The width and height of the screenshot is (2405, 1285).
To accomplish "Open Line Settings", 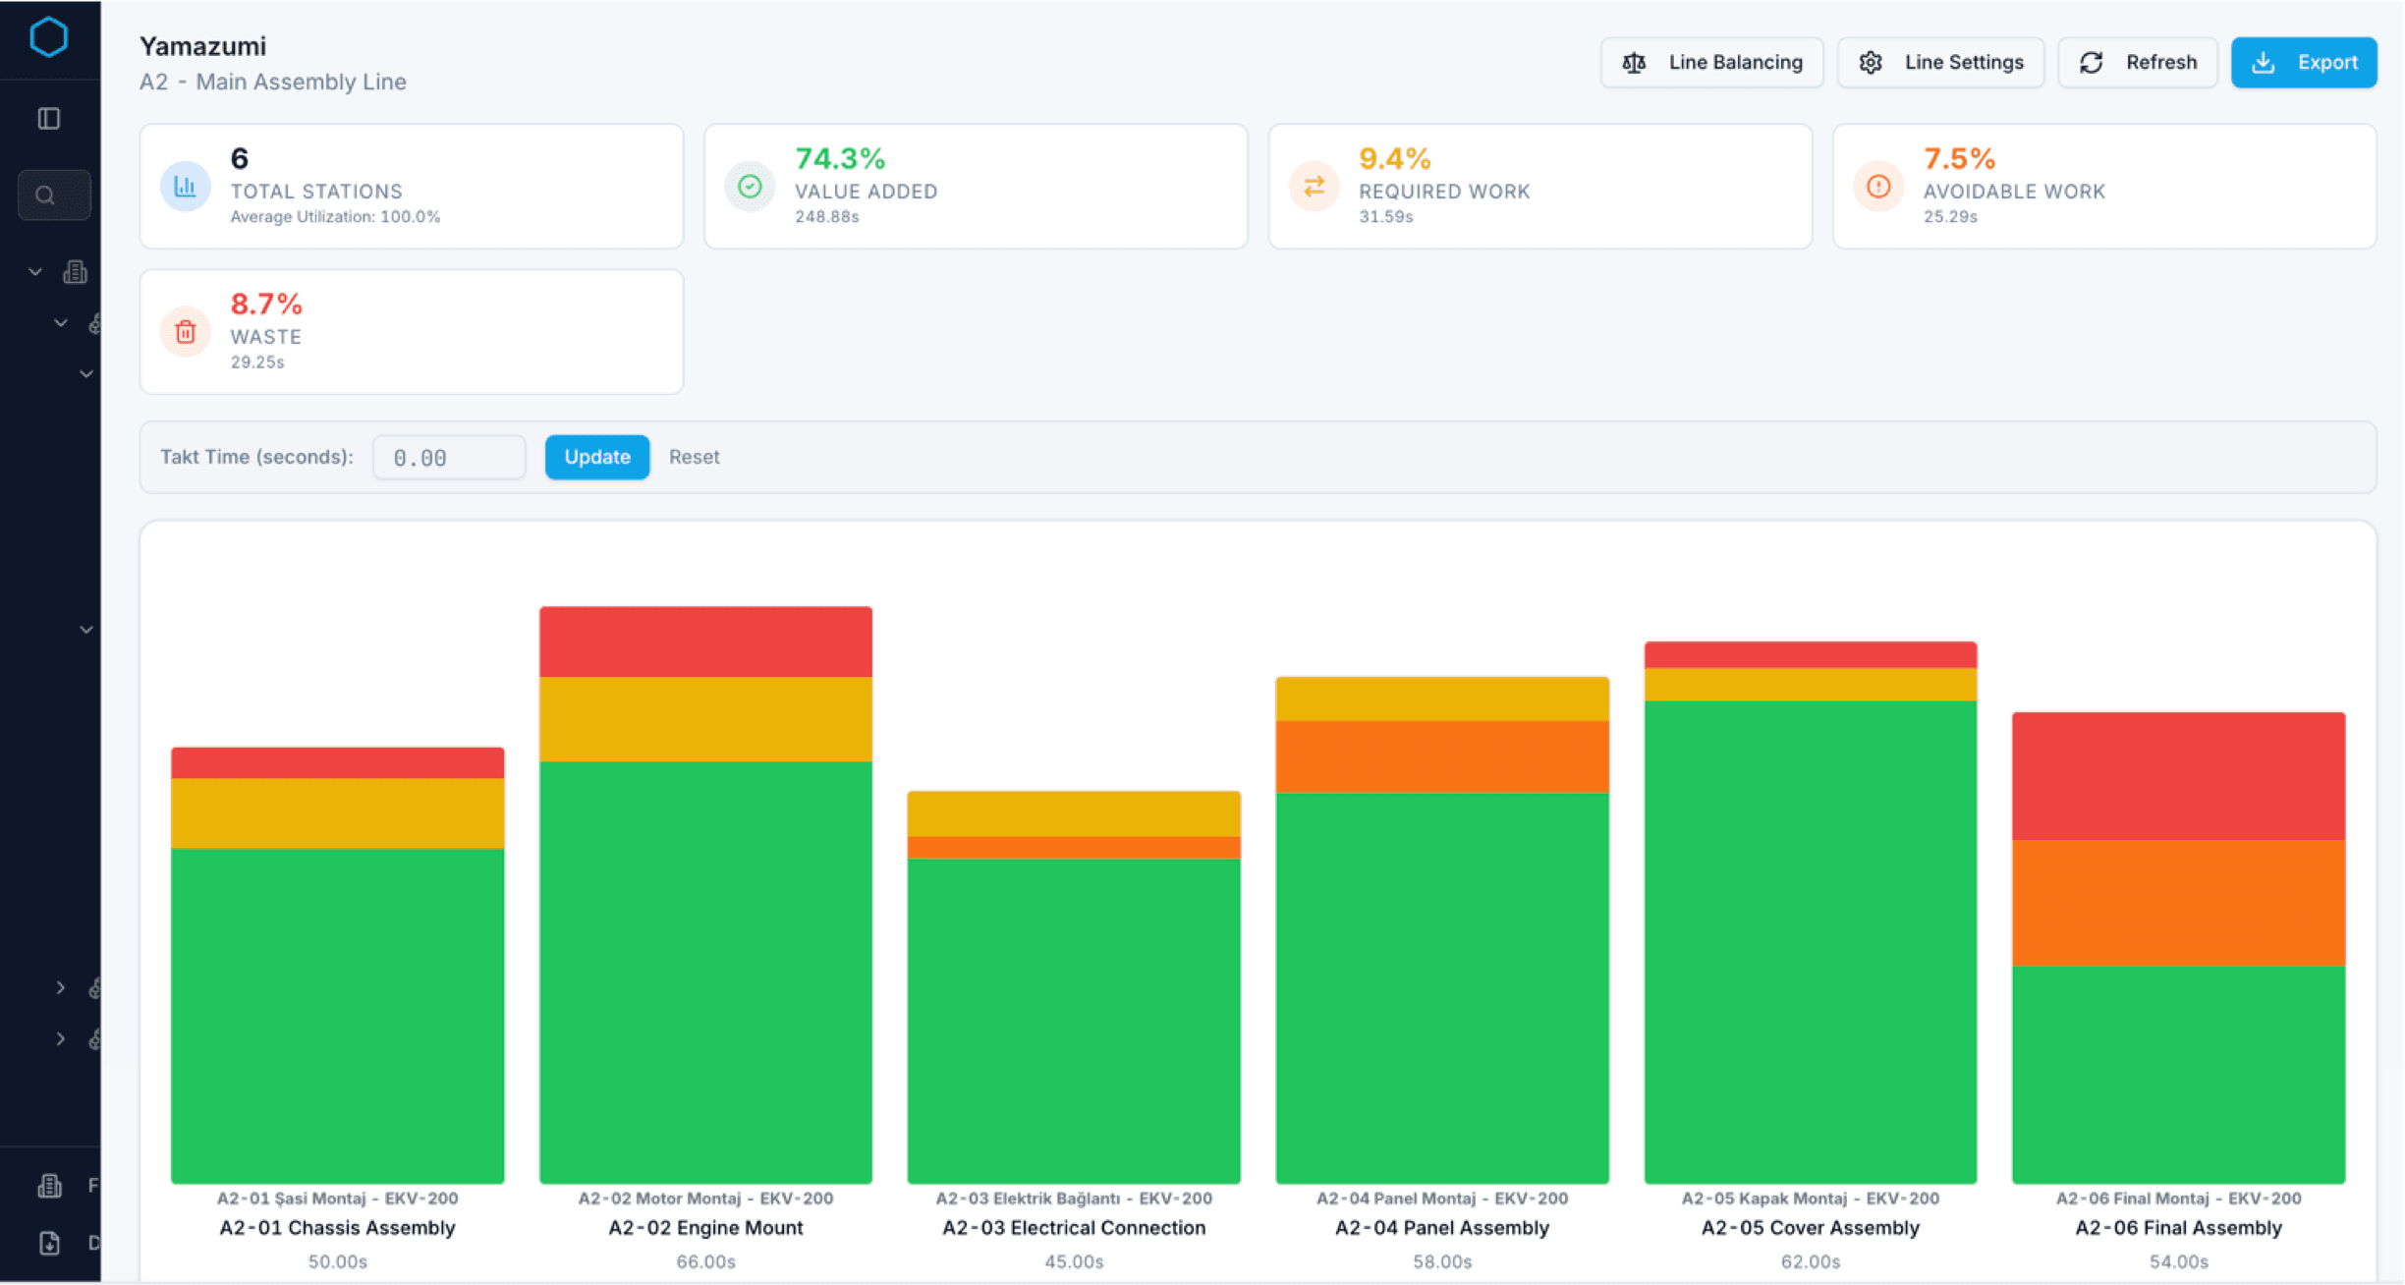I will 1940,63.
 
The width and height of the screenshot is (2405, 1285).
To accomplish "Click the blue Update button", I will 596,457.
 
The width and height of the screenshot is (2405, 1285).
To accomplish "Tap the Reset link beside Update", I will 694,457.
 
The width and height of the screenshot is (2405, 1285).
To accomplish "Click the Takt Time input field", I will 449,458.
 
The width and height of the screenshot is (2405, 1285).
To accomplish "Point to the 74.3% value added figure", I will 840,158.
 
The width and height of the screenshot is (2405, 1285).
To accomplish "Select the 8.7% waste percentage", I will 266,304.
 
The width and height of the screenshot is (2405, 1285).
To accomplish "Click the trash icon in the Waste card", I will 186,332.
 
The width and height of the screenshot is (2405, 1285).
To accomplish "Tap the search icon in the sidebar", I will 45,195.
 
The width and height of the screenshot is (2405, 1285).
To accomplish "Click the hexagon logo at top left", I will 48,37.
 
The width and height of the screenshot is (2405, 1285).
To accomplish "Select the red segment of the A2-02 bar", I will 705,642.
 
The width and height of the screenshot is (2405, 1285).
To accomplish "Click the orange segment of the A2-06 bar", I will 2178,903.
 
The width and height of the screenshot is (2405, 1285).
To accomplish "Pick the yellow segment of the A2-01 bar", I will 337,813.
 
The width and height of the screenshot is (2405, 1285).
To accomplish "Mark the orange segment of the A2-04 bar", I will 1441,756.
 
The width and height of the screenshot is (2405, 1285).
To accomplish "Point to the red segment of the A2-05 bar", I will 1810,654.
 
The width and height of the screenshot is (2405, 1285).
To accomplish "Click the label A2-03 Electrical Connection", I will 1073,1228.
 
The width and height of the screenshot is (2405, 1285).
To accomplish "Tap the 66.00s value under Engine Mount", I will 705,1261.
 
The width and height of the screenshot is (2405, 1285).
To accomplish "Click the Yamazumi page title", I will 202,46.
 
